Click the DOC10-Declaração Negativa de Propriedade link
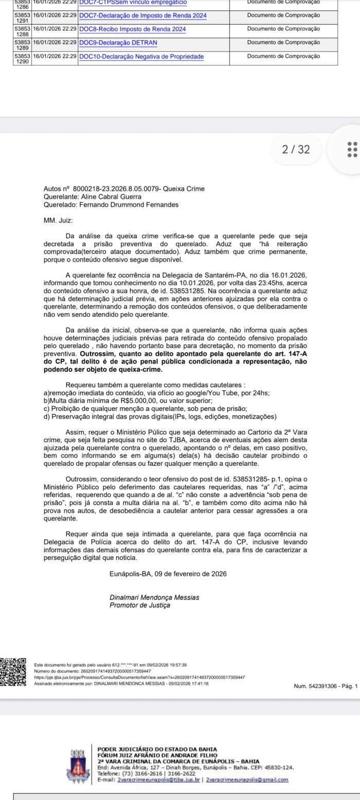pos(141,56)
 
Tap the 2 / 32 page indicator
pos(296,150)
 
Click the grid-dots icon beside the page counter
pos(352,150)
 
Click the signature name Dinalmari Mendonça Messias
pos(154,598)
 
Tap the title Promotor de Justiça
pos(139,605)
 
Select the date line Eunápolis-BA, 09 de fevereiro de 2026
pos(168,573)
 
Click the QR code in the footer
pos(13,672)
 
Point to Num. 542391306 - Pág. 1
pos(325,686)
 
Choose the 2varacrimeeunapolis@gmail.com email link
pos(247,779)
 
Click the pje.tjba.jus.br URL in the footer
pos(139,677)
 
